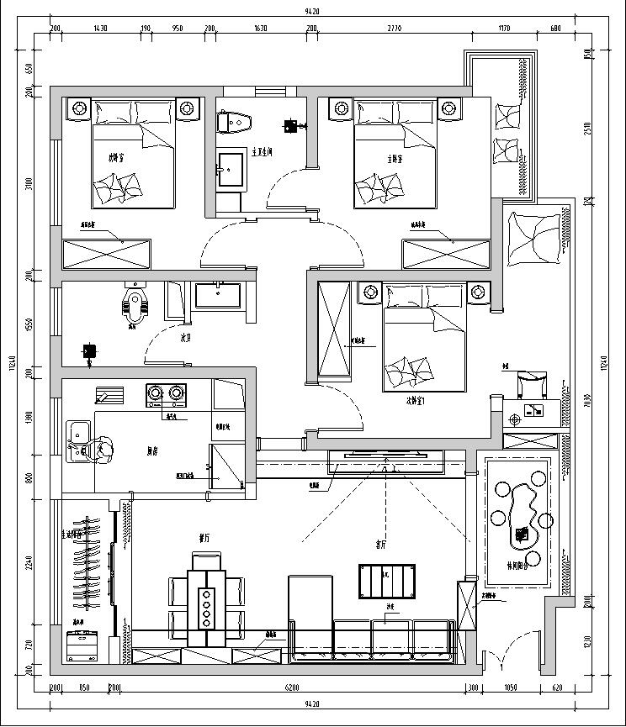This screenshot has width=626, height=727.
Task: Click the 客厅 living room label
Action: pos(381,545)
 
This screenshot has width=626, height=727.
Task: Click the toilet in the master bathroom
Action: pos(234,122)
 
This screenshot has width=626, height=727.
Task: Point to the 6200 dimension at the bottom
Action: pos(292,688)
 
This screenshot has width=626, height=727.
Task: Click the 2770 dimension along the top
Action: pos(395,29)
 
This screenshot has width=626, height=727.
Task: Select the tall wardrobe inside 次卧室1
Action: pos(334,329)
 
